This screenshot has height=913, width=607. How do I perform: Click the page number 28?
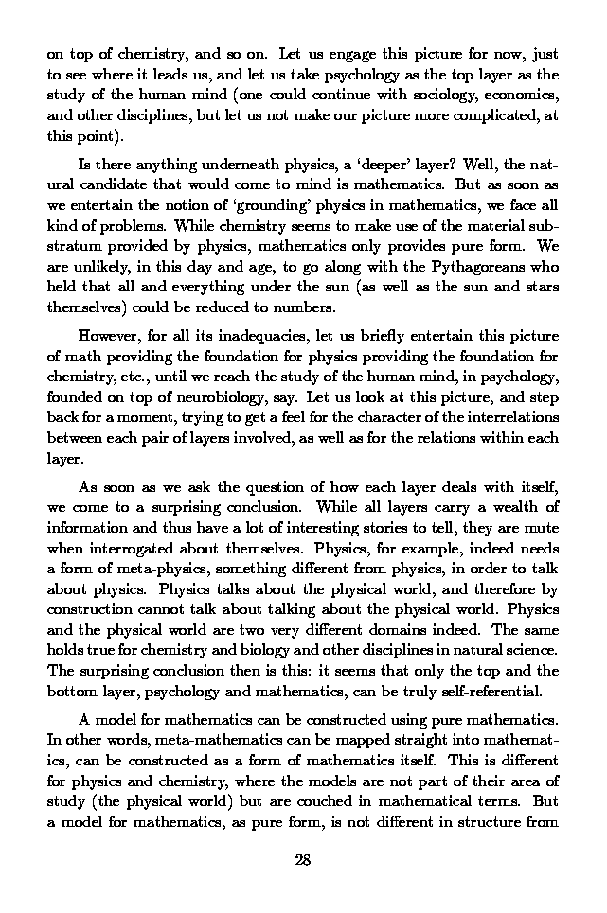[303, 860]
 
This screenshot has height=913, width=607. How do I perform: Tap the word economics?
[526, 97]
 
